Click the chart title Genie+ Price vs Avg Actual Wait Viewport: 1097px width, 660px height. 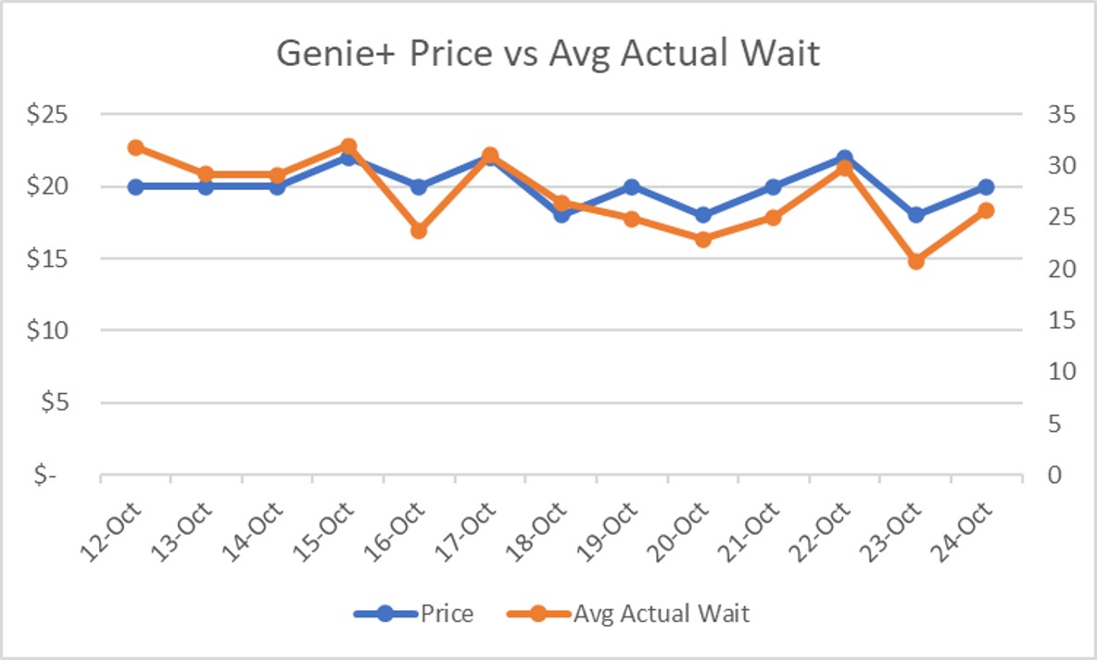[x=548, y=54]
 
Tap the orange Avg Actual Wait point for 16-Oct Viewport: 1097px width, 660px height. [x=419, y=230]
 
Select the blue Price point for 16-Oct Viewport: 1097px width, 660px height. [x=419, y=186]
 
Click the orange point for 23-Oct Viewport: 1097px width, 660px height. [x=916, y=260]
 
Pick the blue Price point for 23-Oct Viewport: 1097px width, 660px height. [x=916, y=215]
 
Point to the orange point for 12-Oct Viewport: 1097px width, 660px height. [x=135, y=147]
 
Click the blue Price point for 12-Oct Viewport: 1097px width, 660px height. [x=135, y=186]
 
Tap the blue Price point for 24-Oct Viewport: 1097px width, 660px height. [x=987, y=186]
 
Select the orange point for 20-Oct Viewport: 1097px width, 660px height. [x=703, y=239]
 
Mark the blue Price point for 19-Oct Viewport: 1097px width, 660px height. [x=632, y=186]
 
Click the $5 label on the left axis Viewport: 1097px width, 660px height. [x=69, y=403]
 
